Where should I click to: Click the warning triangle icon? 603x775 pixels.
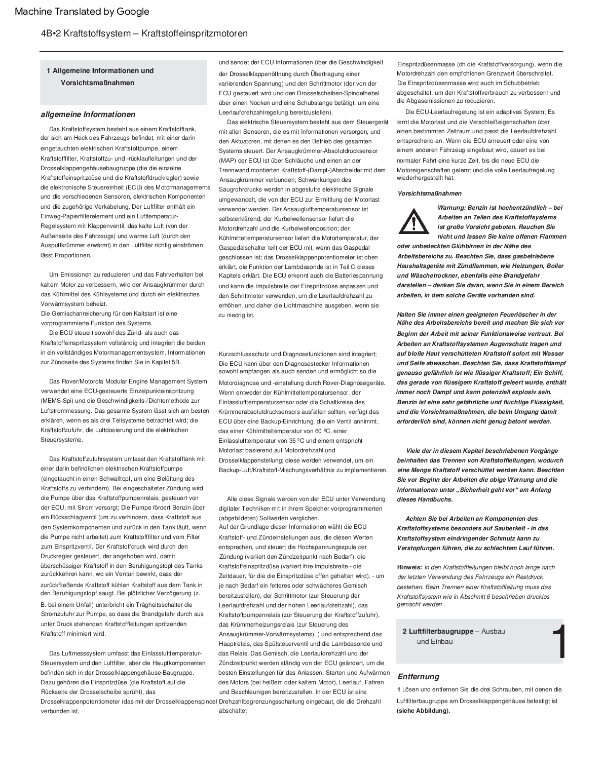coord(414,220)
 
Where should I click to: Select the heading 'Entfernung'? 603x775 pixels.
coord(418,677)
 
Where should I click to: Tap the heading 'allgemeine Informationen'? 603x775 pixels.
coord(88,114)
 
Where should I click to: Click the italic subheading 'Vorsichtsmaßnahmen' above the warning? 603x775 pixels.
coord(429,193)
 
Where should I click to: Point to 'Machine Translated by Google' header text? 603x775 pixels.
coord(82,12)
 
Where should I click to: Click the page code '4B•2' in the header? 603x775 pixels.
coord(52,33)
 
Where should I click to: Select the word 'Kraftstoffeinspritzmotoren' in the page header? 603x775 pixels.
coord(194,33)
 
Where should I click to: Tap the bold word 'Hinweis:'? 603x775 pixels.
coord(409,567)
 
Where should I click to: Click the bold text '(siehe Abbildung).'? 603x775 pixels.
coord(423,710)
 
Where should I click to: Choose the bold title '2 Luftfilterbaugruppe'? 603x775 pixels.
coord(438,631)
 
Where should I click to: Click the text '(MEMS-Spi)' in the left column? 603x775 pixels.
coord(56,401)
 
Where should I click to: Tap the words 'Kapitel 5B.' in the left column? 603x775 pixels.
coord(164,362)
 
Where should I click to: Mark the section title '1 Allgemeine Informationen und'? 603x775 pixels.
coord(100,70)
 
